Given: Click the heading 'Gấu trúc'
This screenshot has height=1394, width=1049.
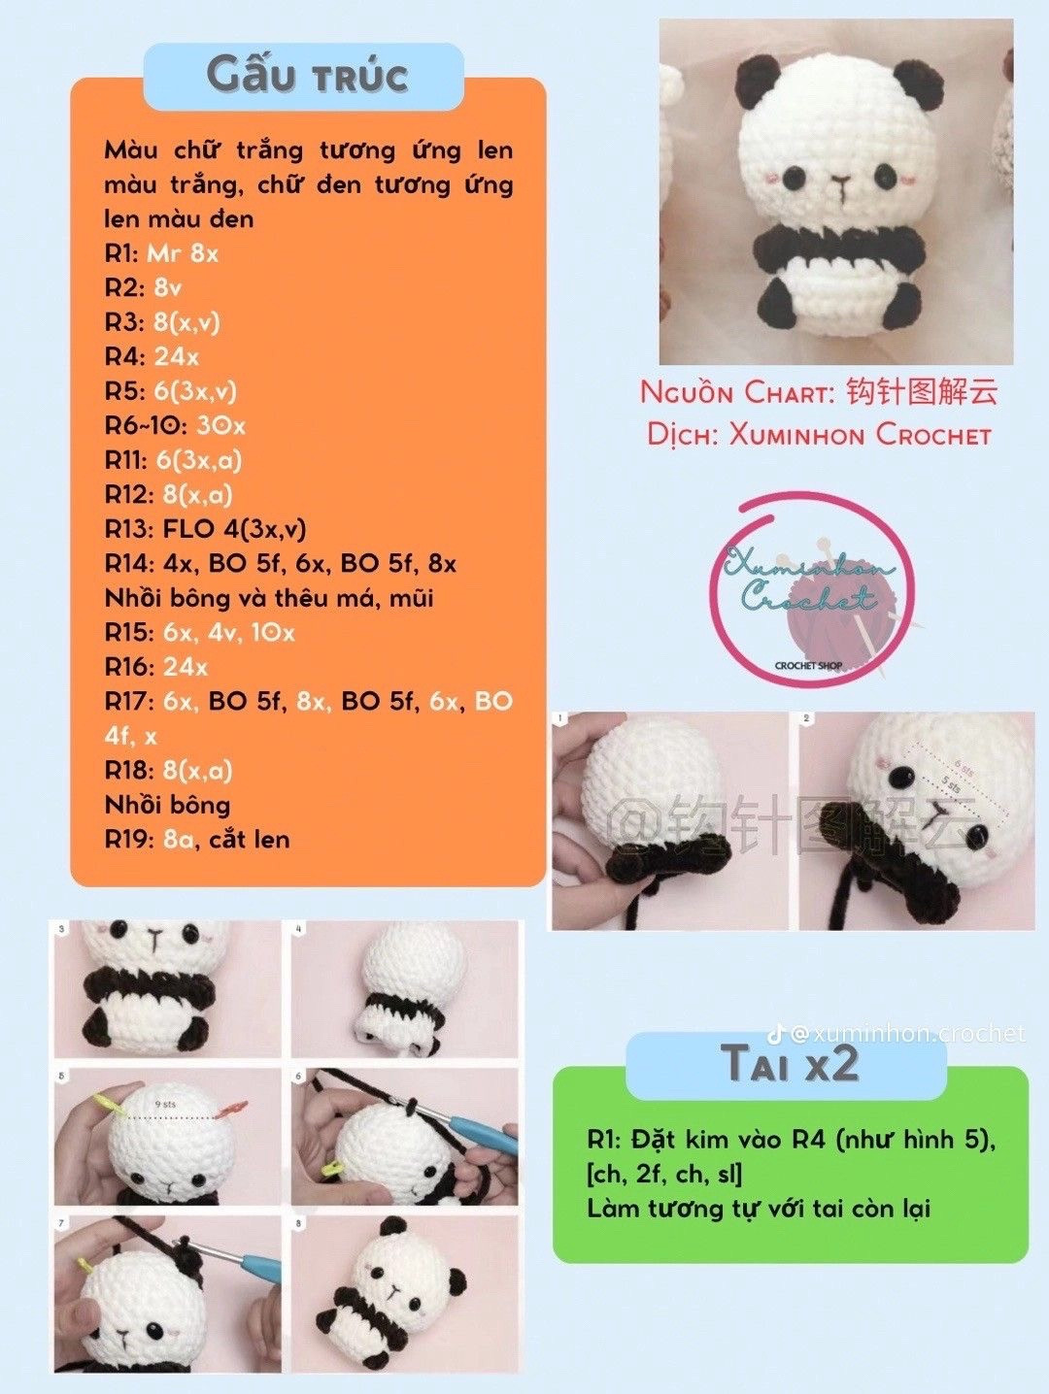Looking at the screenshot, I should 306,76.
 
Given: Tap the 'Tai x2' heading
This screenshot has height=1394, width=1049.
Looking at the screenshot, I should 790,1063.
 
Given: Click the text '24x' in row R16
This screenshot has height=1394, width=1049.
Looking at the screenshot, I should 186,667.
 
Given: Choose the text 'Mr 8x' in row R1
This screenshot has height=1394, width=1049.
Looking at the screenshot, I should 183,253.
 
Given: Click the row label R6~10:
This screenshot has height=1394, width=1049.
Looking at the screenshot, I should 146,425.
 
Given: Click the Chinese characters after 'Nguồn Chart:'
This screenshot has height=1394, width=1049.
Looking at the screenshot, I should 921,392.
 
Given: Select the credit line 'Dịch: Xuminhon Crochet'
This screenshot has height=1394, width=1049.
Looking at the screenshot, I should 819,434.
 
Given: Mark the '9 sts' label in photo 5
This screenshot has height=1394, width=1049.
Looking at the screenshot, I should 166,1104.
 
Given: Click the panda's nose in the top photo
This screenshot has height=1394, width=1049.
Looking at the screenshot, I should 841,182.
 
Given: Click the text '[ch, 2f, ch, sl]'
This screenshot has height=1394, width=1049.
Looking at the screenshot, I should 664,1174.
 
